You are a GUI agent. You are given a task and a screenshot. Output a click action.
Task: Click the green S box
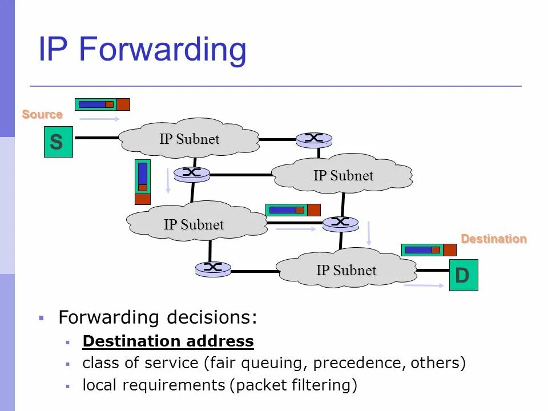[58, 142]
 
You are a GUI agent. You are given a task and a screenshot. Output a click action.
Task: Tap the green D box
[463, 275]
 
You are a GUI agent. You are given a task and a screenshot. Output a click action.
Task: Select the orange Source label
[42, 114]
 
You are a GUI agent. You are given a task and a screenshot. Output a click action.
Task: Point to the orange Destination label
[494, 239]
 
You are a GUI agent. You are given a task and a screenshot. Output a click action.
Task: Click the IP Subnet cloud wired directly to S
[189, 139]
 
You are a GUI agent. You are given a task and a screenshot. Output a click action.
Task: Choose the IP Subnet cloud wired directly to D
[346, 269]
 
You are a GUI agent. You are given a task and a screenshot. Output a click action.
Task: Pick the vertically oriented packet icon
[142, 182]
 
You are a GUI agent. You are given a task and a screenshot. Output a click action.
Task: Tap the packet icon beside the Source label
[102, 104]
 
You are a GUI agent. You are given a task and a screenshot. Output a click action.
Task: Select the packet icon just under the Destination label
[429, 250]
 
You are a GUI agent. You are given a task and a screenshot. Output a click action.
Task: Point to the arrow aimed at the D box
[424, 285]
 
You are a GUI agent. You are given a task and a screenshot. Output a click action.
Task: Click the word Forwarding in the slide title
[163, 50]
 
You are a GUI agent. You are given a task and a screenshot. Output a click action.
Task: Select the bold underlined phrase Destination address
[168, 341]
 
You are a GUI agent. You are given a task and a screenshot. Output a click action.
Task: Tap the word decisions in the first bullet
[212, 317]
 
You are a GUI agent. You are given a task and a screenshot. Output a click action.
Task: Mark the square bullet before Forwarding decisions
[41, 317]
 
